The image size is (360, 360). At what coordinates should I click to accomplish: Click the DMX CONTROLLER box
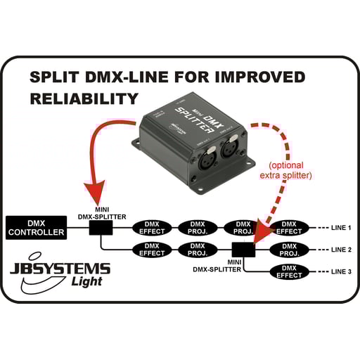pyautogui.click(x=36, y=226)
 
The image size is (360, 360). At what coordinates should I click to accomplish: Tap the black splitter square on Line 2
pyautogui.click(x=243, y=249)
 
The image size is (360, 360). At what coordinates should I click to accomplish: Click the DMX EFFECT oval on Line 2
pyautogui.click(x=151, y=249)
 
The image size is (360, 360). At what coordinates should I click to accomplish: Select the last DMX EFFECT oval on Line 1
pyautogui.click(x=289, y=227)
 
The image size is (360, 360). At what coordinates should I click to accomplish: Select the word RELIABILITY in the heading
pyautogui.click(x=84, y=98)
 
